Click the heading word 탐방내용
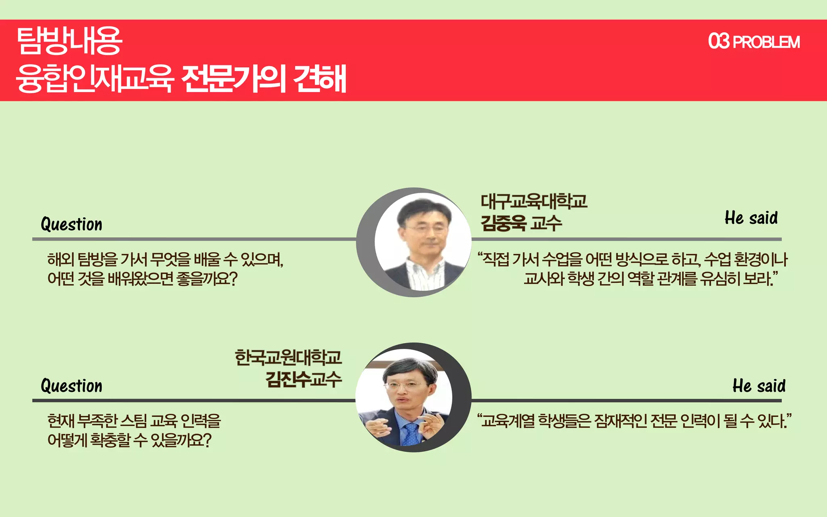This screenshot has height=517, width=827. [69, 40]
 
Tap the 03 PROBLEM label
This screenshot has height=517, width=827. [754, 42]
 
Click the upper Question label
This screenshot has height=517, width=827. [71, 224]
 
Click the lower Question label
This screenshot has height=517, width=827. [71, 386]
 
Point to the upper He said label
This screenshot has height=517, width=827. [751, 218]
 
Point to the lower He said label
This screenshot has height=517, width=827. [759, 386]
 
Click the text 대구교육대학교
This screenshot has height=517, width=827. [533, 201]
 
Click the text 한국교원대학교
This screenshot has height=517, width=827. [288, 357]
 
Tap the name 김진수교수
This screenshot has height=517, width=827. [303, 379]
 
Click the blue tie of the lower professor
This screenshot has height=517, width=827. [411, 434]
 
